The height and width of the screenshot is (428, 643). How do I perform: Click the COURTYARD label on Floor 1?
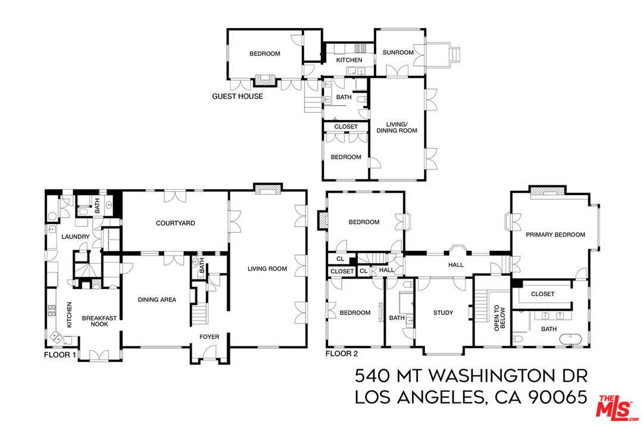pyautogui.click(x=176, y=224)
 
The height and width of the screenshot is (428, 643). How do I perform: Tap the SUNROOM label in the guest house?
pyautogui.click(x=398, y=53)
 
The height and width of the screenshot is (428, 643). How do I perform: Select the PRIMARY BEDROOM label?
pyautogui.click(x=555, y=235)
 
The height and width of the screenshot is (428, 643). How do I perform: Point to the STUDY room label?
pyautogui.click(x=443, y=313)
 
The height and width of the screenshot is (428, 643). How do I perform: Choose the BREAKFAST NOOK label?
pyautogui.click(x=99, y=322)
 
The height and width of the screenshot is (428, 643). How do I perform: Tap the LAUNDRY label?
pyautogui.click(x=76, y=237)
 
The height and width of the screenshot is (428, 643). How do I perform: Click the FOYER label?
pyautogui.click(x=209, y=337)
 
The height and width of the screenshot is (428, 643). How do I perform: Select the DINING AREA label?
pyautogui.click(x=157, y=300)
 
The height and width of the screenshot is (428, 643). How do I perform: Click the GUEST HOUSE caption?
pyautogui.click(x=238, y=96)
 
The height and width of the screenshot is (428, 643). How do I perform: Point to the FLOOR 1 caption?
pyautogui.click(x=60, y=355)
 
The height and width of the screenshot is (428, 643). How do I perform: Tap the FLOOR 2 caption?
pyautogui.click(x=341, y=354)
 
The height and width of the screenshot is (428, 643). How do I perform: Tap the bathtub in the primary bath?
pyautogui.click(x=570, y=339)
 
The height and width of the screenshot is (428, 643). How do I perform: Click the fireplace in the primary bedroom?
pyautogui.click(x=546, y=191)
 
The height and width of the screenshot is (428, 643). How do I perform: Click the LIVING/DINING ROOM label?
pyautogui.click(x=397, y=127)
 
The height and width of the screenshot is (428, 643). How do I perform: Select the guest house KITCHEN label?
pyautogui.click(x=349, y=60)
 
